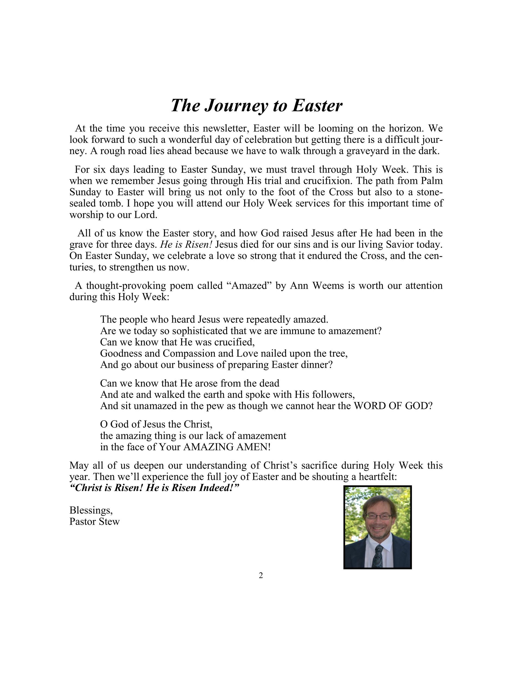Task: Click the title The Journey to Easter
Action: pos(256,105)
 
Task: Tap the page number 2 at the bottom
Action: pos(261,575)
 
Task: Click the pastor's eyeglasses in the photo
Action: pos(378,516)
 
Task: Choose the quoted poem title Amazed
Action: pos(249,285)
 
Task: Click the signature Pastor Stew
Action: pos(94,521)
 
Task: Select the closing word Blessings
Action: pos(91,510)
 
